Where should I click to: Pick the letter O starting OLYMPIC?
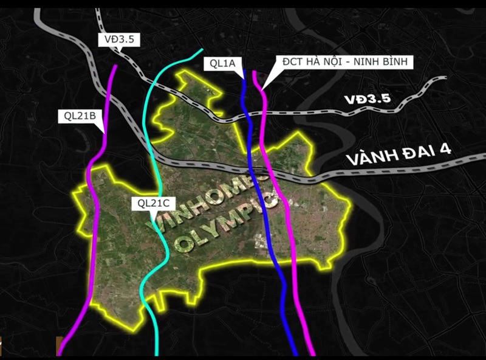point(180,245)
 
